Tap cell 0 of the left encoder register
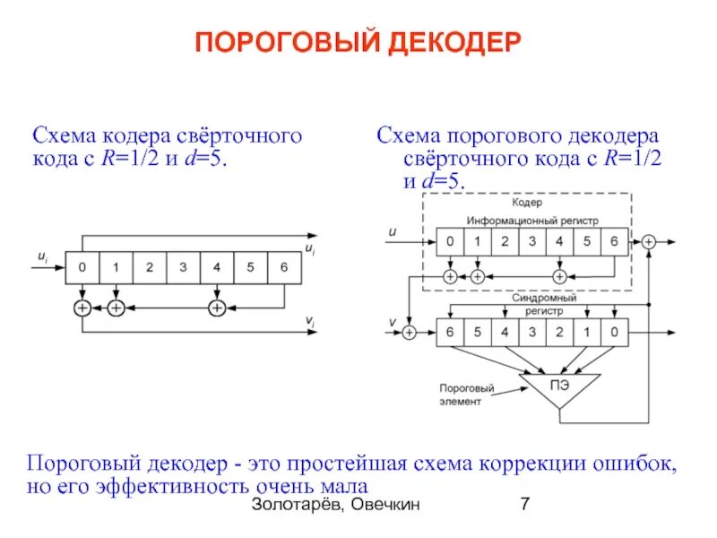click(82, 266)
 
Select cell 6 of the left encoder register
click(284, 266)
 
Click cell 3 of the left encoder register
click(183, 266)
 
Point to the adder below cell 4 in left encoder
click(216, 308)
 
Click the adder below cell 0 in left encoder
click(82, 308)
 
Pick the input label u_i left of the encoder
click(42, 256)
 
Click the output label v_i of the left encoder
click(309, 321)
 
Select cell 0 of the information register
click(450, 241)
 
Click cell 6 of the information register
click(614, 241)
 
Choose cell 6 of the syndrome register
click(450, 333)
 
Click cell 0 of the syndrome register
click(614, 333)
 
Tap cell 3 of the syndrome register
click(532, 333)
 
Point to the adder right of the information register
click(648, 241)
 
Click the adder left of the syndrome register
click(410, 333)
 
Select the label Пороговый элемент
click(466, 395)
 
